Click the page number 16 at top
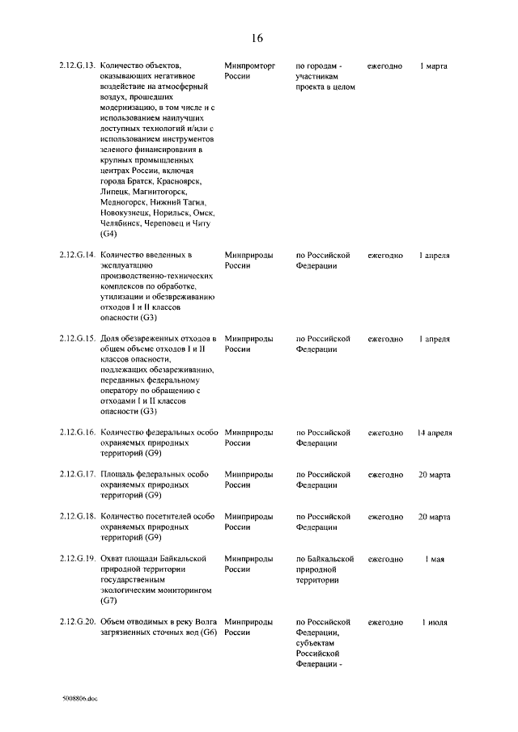(x=257, y=38)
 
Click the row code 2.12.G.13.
(x=79, y=66)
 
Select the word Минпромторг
(x=249, y=66)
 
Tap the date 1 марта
(x=434, y=66)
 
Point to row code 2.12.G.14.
(x=79, y=255)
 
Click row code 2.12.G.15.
(x=79, y=339)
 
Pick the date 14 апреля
(x=434, y=433)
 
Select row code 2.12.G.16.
(x=79, y=433)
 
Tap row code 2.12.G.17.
(x=79, y=475)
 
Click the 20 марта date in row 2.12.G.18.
(x=434, y=517)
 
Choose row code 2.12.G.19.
(x=79, y=559)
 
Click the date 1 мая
(x=434, y=559)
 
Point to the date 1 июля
(x=434, y=622)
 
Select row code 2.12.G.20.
(x=79, y=622)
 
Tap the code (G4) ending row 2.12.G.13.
(x=109, y=234)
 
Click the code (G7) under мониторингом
(x=109, y=601)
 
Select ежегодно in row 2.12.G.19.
(x=385, y=559)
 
